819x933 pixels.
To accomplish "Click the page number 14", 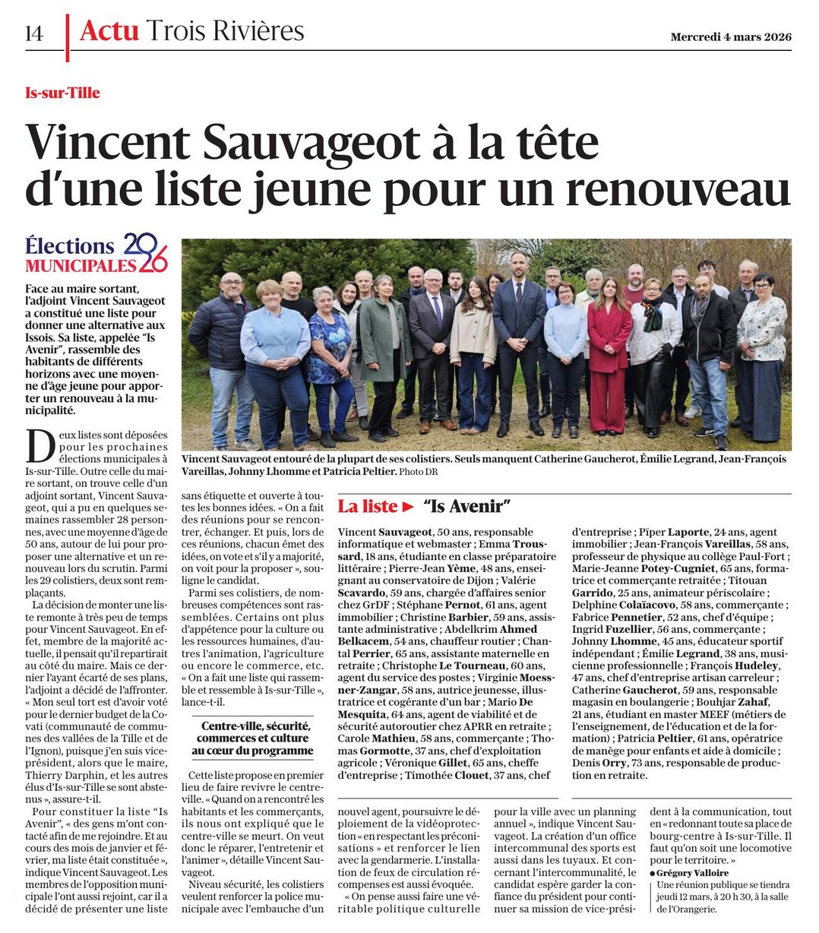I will [x=34, y=33].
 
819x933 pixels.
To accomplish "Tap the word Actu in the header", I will [x=109, y=31].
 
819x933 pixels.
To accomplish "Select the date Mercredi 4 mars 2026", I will [x=730, y=36].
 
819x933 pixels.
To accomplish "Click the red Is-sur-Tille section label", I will [x=62, y=93].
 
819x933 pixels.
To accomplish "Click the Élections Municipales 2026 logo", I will [x=96, y=254].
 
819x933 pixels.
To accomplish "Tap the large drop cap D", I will [x=40, y=447].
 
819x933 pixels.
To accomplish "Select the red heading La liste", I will [x=368, y=506].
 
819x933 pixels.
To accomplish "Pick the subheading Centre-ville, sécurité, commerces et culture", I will [x=252, y=738].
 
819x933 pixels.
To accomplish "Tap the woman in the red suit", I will [x=609, y=357].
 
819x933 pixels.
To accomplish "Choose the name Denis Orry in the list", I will [x=593, y=763].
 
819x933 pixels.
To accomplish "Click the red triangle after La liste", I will [x=409, y=507].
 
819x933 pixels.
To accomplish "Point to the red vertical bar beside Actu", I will [x=68, y=36].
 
